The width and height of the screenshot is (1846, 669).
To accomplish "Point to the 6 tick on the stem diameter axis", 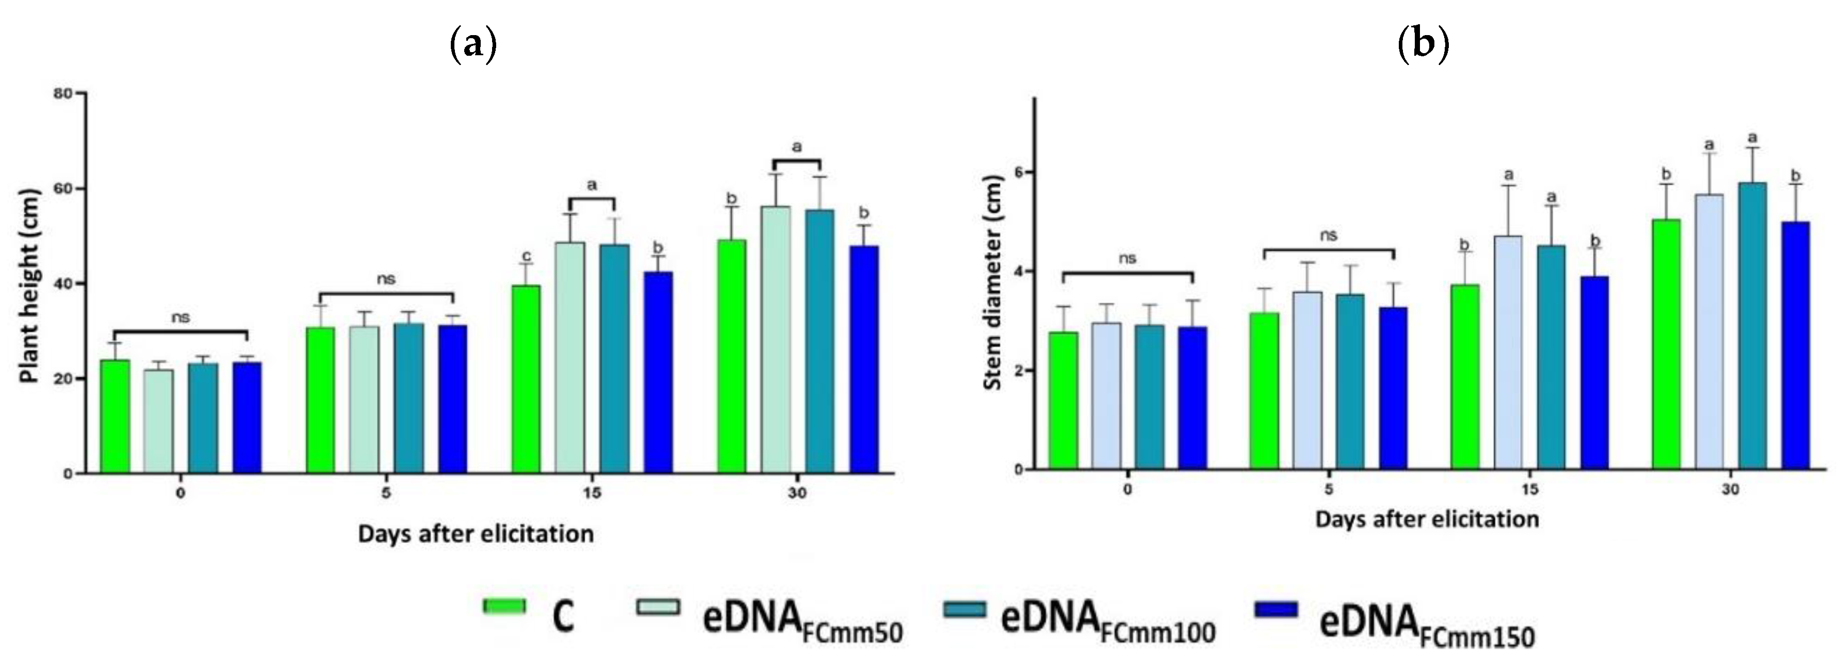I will (1018, 172).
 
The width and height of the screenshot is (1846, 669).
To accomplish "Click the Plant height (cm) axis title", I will (29, 285).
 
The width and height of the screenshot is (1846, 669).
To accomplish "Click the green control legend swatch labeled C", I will (504, 606).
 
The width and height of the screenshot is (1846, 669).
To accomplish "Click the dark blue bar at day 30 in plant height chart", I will (864, 359).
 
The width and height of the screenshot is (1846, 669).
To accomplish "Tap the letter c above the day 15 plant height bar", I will (527, 256).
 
